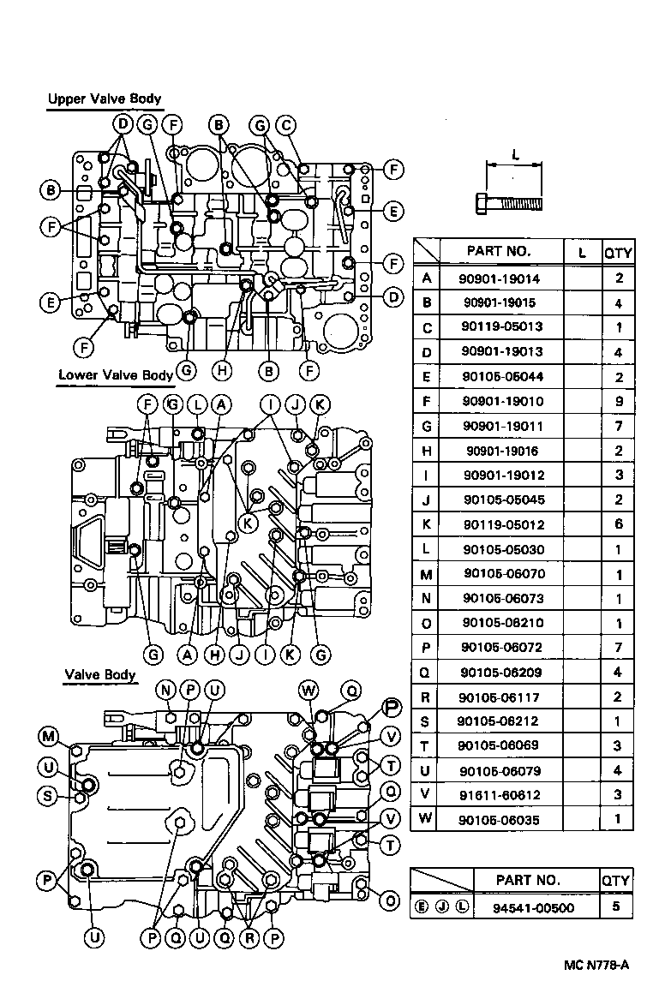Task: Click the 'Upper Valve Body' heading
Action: click(x=104, y=99)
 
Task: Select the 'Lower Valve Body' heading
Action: click(x=116, y=375)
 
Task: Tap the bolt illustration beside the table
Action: click(x=508, y=204)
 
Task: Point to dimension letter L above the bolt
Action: click(x=514, y=154)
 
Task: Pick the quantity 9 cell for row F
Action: click(x=618, y=401)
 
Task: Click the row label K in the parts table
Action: click(x=426, y=523)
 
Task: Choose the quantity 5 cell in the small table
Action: click(x=616, y=907)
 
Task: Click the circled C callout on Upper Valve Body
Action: click(x=286, y=126)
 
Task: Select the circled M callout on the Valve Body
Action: click(x=49, y=736)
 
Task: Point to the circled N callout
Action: click(x=166, y=690)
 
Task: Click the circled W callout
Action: click(x=309, y=690)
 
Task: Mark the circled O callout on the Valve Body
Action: click(x=391, y=900)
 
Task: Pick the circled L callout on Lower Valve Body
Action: click(x=197, y=404)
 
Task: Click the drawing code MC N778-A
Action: click(x=596, y=965)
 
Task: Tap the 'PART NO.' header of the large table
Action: click(x=499, y=251)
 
